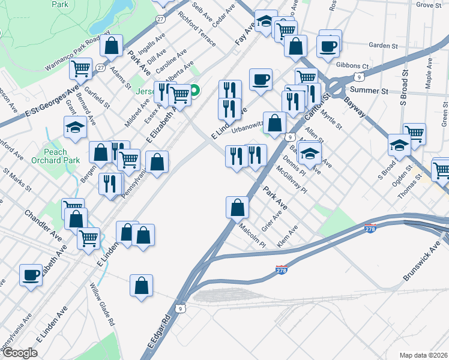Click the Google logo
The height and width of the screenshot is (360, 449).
20,353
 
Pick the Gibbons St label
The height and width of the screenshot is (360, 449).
352,65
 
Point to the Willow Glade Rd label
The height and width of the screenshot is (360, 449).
103,304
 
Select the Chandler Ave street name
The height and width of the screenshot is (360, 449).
43,223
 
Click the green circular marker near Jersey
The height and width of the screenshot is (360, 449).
196,91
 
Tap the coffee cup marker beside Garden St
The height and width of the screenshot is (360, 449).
328,46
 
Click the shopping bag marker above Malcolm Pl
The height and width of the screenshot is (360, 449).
238,208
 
